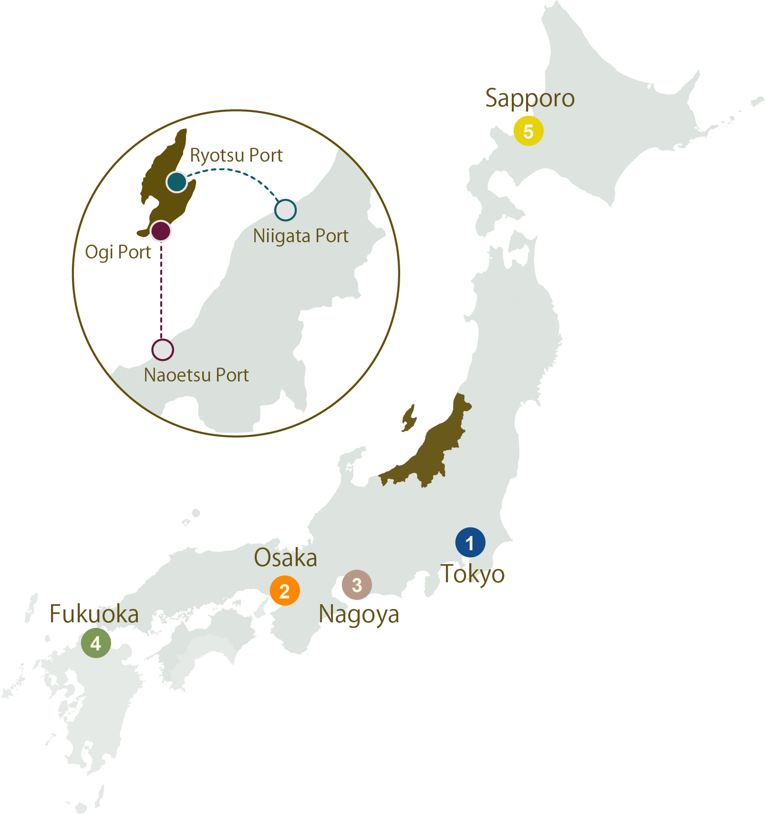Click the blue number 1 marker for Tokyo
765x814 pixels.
pyautogui.click(x=470, y=542)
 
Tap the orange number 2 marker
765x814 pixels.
pyautogui.click(x=285, y=590)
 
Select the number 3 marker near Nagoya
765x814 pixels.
pyautogui.click(x=357, y=585)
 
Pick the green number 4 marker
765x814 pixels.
pyautogui.click(x=96, y=643)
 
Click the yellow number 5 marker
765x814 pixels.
pyautogui.click(x=528, y=131)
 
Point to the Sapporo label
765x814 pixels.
pyautogui.click(x=530, y=99)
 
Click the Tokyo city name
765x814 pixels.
pyautogui.click(x=472, y=574)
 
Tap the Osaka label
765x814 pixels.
pyautogui.click(x=285, y=557)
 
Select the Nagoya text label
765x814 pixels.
pyautogui.click(x=359, y=614)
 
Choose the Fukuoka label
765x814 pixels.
pyautogui.click(x=94, y=614)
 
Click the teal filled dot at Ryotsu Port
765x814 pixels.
pyautogui.click(x=176, y=182)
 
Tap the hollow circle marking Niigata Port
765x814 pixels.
pyautogui.click(x=286, y=210)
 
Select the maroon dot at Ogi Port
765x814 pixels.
pyautogui.click(x=161, y=231)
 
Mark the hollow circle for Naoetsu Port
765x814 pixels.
pyautogui.click(x=163, y=350)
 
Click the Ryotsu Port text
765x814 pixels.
pyautogui.click(x=236, y=155)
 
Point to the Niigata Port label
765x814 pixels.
pyautogui.click(x=300, y=236)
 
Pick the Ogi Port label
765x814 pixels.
pyautogui.click(x=118, y=252)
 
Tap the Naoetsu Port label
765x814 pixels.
pyautogui.click(x=196, y=375)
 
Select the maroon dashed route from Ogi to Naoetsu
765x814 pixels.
pyautogui.click(x=161, y=291)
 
